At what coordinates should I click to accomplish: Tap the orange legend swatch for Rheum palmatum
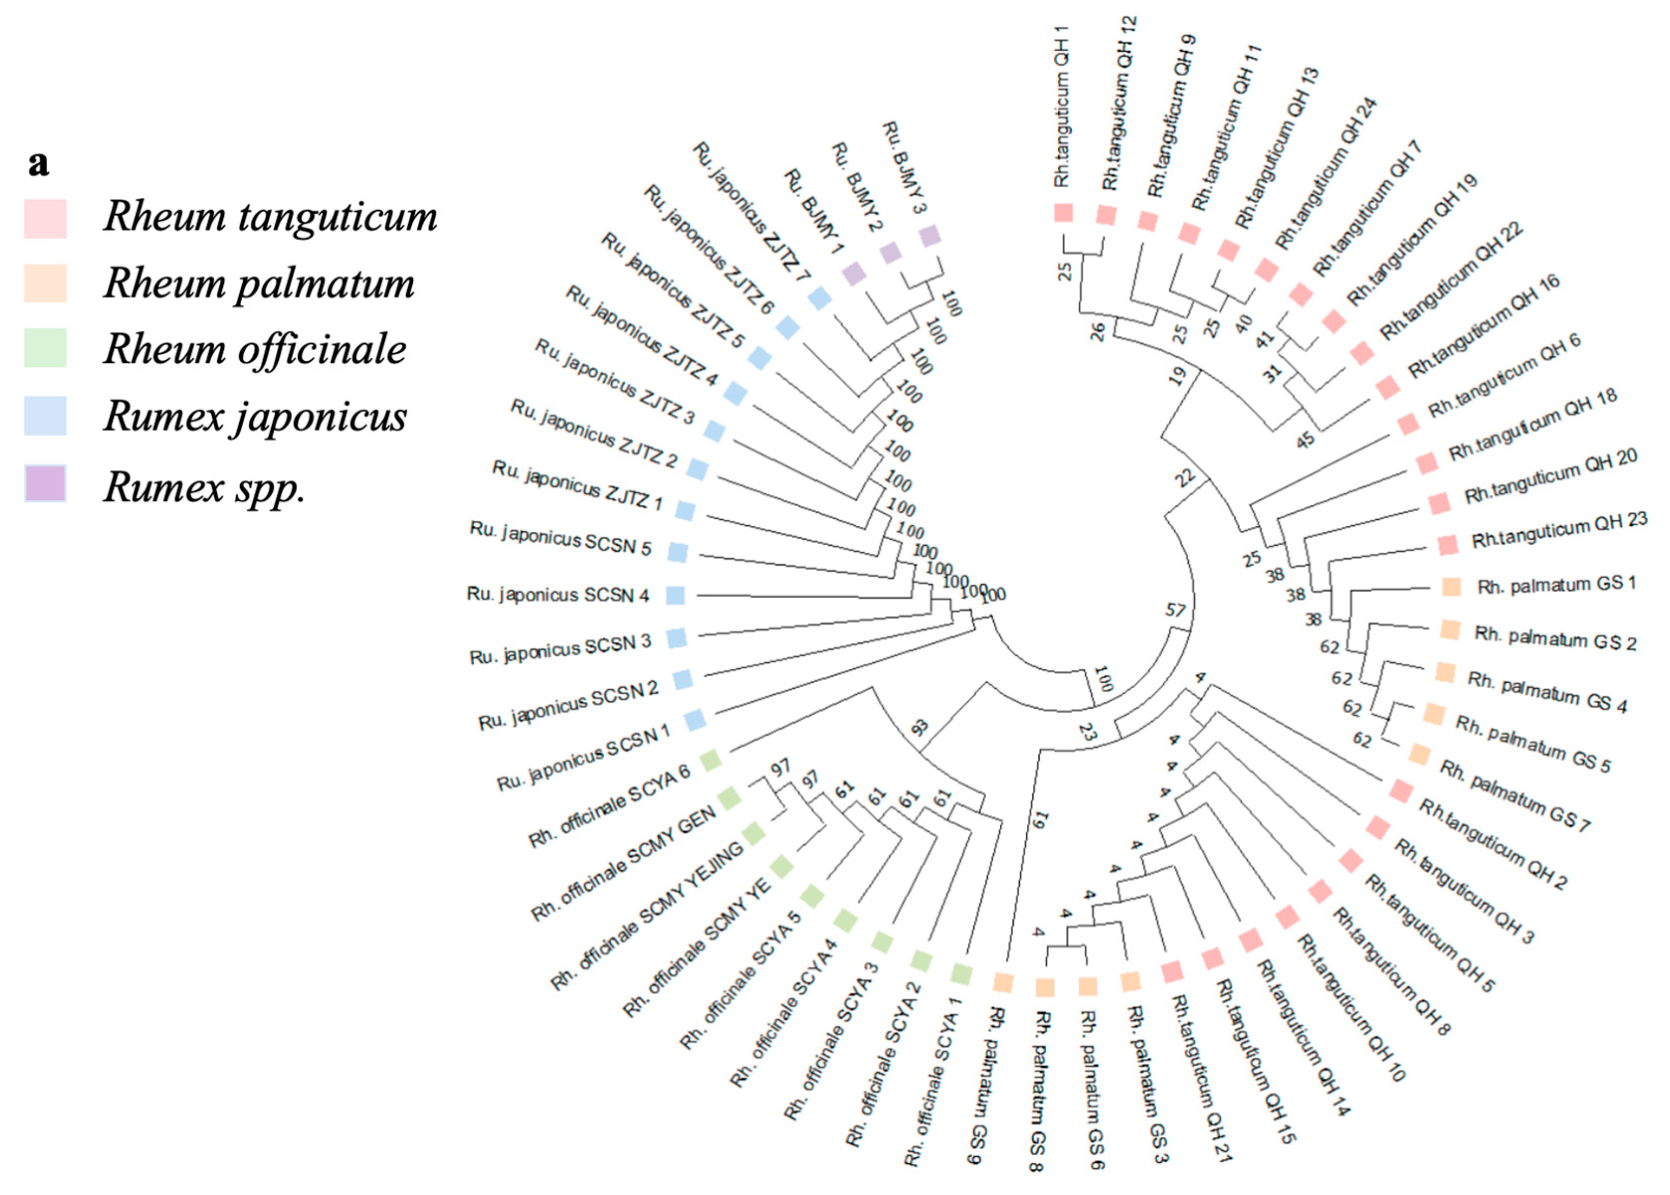(x=45, y=283)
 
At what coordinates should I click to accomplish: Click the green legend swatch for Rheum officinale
(x=45, y=348)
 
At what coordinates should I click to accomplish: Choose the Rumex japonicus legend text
(x=255, y=416)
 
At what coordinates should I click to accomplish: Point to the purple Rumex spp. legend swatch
(x=45, y=483)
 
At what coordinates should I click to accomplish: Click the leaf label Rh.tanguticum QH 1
(x=1061, y=107)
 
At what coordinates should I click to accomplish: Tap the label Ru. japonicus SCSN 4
(x=558, y=595)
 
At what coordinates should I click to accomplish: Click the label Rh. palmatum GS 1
(x=1557, y=585)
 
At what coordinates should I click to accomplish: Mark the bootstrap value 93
(x=920, y=728)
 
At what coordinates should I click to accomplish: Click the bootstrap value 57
(x=1175, y=610)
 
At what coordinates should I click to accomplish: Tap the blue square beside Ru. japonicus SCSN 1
(x=694, y=719)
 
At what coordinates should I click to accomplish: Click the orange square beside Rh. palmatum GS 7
(x=1419, y=754)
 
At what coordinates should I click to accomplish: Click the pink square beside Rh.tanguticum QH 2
(x=1400, y=791)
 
